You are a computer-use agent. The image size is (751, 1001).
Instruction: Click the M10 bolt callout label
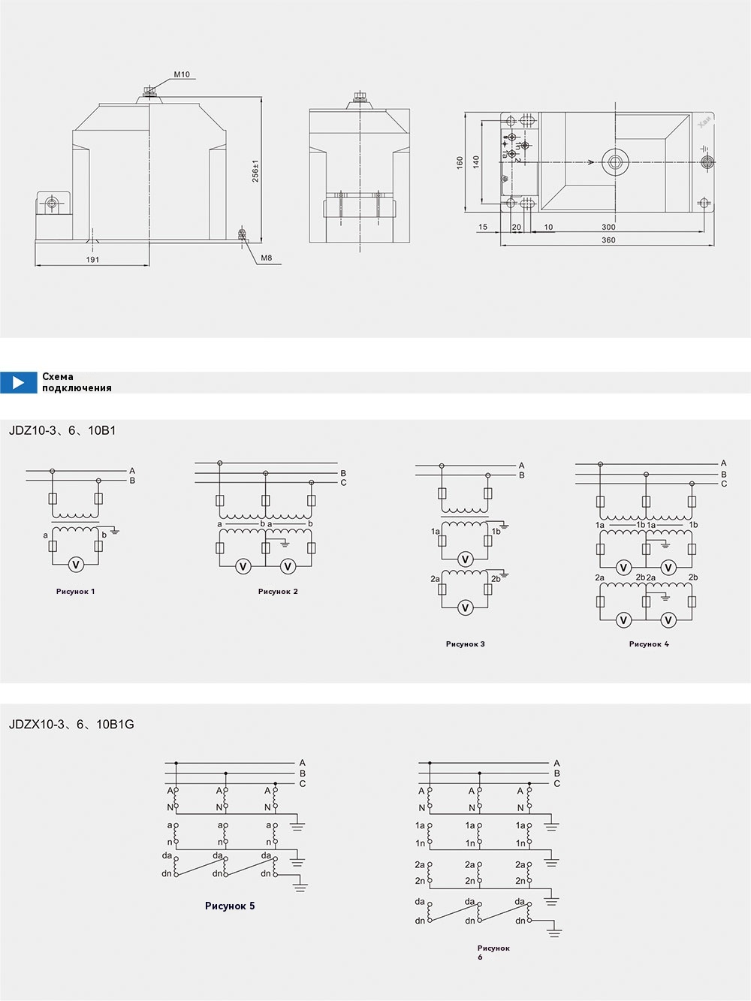point(182,74)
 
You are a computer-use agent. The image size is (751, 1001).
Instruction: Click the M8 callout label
point(267,258)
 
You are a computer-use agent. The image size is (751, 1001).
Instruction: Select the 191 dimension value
point(92,260)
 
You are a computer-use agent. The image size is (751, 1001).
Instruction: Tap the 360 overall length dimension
point(608,240)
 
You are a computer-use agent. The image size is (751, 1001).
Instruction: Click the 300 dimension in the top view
point(608,227)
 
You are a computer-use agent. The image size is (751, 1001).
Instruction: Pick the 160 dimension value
point(460,162)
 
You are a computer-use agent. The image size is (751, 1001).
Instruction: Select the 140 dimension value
point(476,162)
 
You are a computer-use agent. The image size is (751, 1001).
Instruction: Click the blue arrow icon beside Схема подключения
point(19,382)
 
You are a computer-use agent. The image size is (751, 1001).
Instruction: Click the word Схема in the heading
point(58,377)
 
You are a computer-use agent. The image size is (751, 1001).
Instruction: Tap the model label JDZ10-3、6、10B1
point(62,431)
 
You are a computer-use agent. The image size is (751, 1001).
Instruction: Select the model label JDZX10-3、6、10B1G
point(71,725)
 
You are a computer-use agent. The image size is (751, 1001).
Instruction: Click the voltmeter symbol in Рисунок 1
point(74,565)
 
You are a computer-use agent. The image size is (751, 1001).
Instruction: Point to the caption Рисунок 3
point(465,644)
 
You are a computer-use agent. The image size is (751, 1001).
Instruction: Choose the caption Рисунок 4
point(649,644)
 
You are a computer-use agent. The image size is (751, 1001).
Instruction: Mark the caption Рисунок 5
point(230,906)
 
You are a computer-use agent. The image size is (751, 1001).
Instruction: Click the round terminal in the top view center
point(618,161)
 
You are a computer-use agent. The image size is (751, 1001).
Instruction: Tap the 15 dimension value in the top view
point(483,227)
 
